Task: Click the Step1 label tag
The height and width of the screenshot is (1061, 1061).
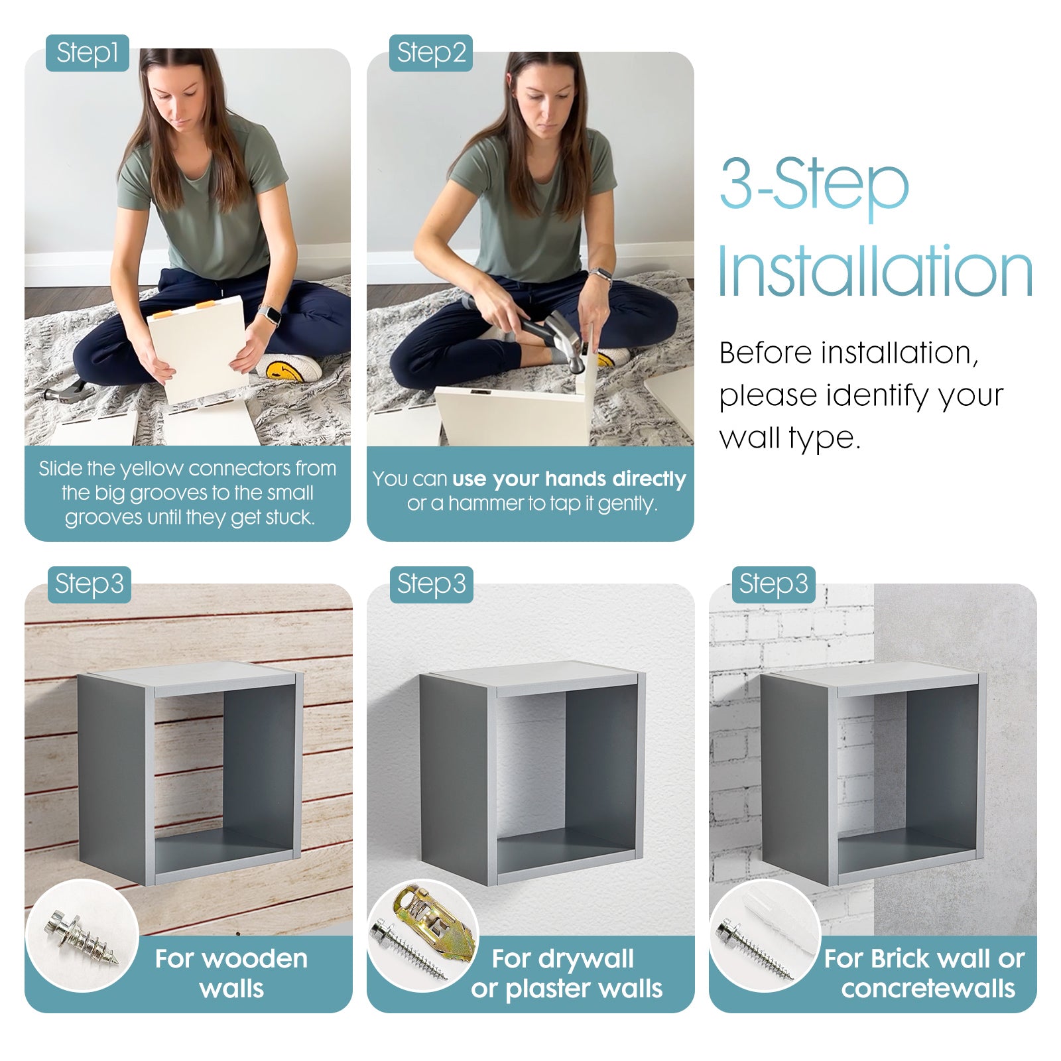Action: coord(87,53)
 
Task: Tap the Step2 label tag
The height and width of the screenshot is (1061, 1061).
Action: coord(430,53)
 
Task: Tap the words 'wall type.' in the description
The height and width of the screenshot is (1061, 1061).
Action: coord(790,438)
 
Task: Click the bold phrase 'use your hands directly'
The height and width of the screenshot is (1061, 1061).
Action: coord(569,478)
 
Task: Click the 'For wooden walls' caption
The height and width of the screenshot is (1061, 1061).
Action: coord(231,973)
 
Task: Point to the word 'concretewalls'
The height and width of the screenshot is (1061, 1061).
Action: coord(928,989)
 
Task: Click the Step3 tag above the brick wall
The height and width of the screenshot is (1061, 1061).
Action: coord(773,584)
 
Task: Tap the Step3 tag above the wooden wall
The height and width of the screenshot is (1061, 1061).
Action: coord(89,584)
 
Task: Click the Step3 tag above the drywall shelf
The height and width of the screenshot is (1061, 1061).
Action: coord(431,584)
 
